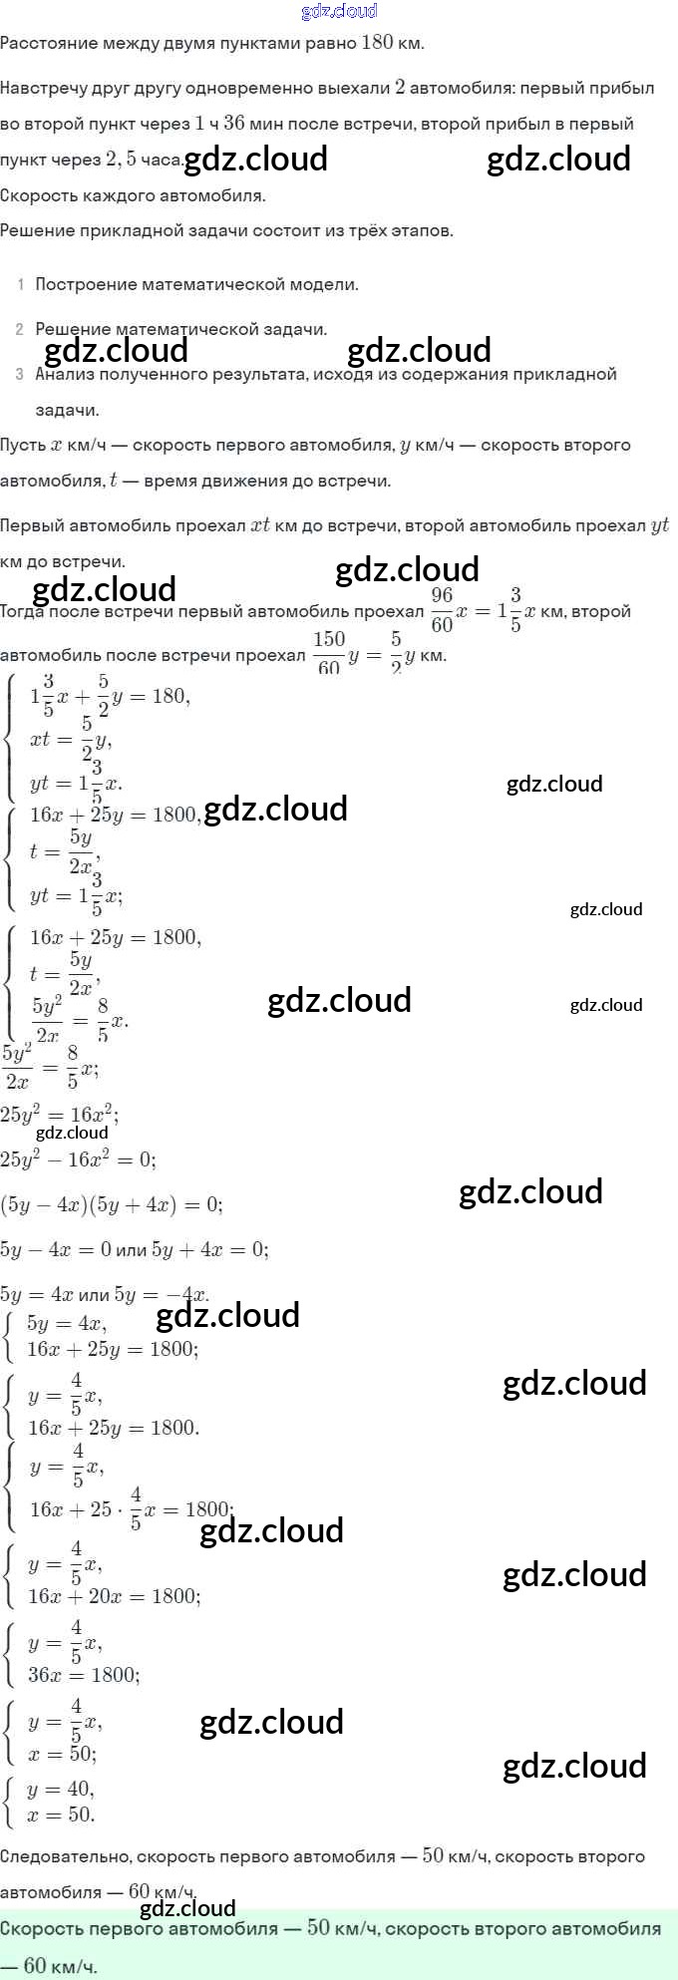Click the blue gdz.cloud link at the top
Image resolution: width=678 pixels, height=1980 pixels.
339,12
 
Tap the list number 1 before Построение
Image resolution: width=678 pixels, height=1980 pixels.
21,285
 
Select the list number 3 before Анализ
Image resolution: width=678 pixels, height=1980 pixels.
20,375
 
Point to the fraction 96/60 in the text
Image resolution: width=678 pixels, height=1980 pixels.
442,610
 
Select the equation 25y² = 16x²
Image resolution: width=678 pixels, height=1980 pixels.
60,1115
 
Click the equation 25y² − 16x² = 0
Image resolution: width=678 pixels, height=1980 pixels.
78,1159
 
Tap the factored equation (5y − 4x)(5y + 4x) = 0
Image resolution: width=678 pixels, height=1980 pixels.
111,1204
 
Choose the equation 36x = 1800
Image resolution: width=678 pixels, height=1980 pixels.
84,1675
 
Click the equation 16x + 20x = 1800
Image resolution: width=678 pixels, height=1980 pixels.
114,1596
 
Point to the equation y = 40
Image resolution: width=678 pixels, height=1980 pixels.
61,1789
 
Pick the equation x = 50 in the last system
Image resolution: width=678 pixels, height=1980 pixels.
61,1815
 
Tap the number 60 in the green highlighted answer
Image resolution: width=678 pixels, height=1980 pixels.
35,1965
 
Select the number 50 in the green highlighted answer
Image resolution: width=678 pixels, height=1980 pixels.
318,1928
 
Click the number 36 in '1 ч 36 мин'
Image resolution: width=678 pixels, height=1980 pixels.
233,124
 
